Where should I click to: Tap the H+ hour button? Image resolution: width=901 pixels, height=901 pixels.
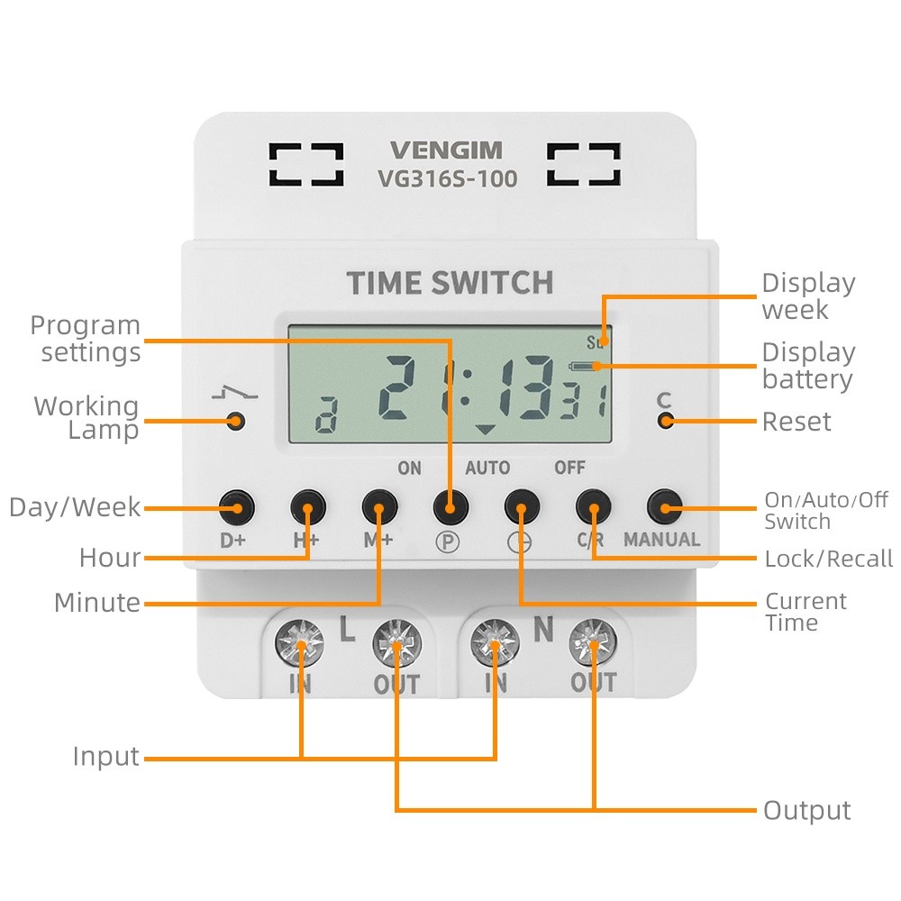pyautogui.click(x=308, y=507)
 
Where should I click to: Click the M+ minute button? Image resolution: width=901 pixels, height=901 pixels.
pyautogui.click(x=379, y=507)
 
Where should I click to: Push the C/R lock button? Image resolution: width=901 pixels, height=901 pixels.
pyautogui.click(x=594, y=507)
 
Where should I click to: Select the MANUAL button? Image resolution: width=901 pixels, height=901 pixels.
pyautogui.click(x=665, y=507)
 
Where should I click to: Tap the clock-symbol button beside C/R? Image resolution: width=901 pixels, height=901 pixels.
pyautogui.click(x=522, y=507)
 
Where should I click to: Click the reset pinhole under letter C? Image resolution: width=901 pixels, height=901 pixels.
pyautogui.click(x=666, y=421)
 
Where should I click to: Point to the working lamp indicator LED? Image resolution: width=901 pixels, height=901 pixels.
pyautogui.click(x=235, y=421)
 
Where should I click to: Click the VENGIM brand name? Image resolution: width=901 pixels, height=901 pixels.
pyautogui.click(x=447, y=150)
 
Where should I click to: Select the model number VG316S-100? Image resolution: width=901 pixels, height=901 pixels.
pyautogui.click(x=447, y=178)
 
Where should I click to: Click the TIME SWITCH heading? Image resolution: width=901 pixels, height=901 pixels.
pyautogui.click(x=450, y=283)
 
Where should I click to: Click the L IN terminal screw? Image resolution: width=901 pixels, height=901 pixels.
pyautogui.click(x=299, y=643)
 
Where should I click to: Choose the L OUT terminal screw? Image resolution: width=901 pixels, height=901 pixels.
pyautogui.click(x=396, y=643)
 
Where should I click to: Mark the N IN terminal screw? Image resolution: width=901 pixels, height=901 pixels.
pyautogui.click(x=495, y=642)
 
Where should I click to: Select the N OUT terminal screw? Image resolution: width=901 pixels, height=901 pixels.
pyautogui.click(x=593, y=642)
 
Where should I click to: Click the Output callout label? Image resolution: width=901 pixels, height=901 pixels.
pyautogui.click(x=806, y=811)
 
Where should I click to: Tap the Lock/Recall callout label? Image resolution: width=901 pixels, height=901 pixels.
pyautogui.click(x=829, y=558)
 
